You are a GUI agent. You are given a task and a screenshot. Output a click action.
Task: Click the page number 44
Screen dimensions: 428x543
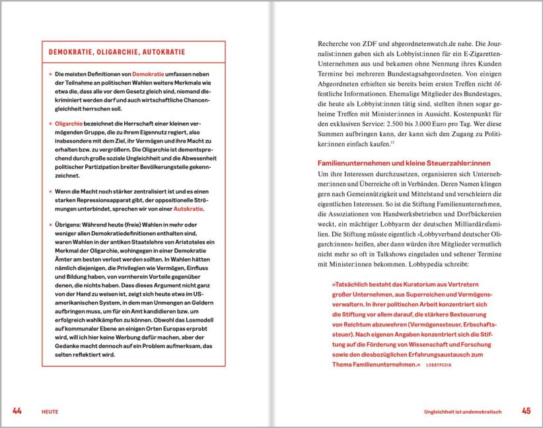point(17,411)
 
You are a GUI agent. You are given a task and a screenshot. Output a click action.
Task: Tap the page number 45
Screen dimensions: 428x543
point(526,411)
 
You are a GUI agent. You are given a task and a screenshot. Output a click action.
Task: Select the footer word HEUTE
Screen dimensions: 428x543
point(50,411)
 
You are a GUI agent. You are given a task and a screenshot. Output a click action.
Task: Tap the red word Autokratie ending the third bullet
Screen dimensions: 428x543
point(188,209)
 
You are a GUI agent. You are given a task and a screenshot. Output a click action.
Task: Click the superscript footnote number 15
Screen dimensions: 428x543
point(392,143)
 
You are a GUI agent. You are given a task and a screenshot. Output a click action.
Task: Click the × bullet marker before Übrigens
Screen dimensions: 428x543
point(50,226)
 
